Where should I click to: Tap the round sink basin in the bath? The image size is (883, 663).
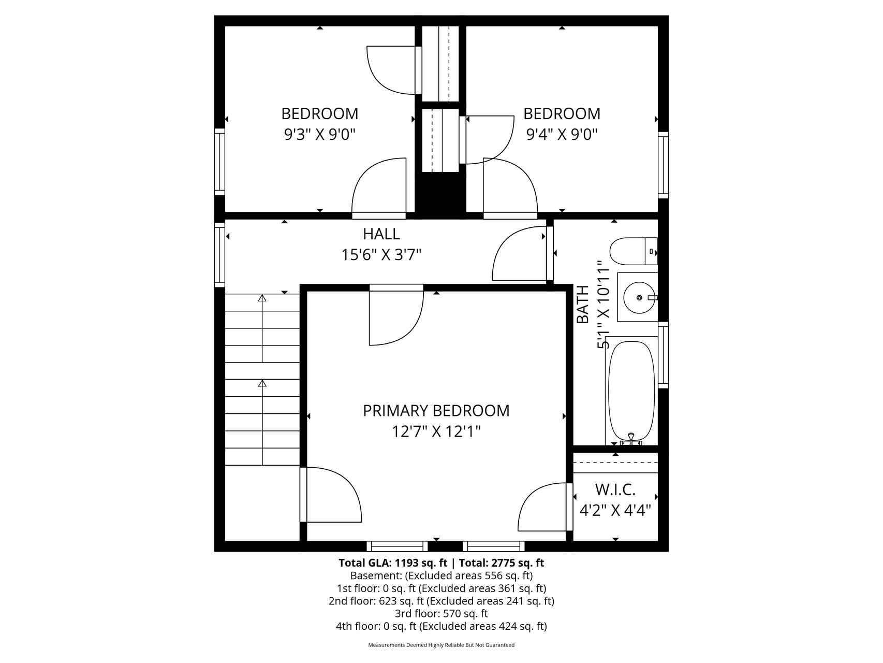click(640, 298)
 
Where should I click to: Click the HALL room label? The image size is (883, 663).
click(381, 234)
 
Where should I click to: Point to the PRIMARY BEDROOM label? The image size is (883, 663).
click(436, 411)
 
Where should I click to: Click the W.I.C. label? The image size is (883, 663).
click(615, 489)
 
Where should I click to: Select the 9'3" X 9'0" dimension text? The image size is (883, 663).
click(320, 135)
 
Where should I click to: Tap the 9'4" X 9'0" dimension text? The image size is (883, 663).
click(562, 135)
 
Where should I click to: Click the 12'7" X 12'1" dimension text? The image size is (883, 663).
click(436, 431)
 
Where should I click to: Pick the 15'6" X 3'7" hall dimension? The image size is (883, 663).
click(381, 255)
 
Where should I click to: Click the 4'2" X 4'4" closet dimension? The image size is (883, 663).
click(615, 510)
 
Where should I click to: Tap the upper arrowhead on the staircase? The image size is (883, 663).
click(262, 298)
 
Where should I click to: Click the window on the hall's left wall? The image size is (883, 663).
click(220, 254)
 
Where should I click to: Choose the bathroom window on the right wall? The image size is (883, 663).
click(664, 355)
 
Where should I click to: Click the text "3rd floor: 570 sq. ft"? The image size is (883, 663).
click(441, 614)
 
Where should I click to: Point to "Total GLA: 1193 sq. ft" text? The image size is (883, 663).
click(393, 563)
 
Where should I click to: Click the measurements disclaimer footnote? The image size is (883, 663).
click(441, 645)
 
